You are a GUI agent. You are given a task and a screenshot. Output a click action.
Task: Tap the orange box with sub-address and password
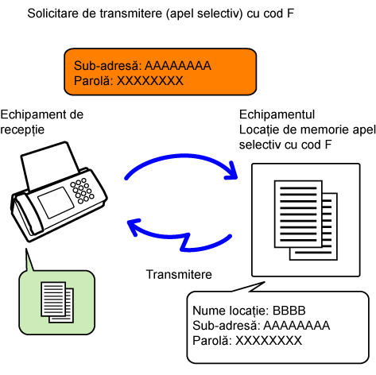point(161,72)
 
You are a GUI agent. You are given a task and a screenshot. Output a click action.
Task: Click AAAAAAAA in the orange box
point(178,66)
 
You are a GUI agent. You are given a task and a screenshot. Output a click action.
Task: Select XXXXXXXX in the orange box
point(150,81)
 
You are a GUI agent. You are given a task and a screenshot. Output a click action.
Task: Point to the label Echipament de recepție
point(42,122)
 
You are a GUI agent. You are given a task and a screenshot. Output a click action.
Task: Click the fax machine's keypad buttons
point(82,191)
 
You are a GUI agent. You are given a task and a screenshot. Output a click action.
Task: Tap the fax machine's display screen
point(56,203)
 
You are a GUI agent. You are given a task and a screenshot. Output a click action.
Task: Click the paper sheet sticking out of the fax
point(49,165)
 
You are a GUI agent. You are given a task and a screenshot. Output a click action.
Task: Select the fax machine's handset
point(25,215)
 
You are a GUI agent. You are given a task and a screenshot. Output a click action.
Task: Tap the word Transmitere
point(179,275)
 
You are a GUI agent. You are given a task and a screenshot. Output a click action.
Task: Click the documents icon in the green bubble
point(57,302)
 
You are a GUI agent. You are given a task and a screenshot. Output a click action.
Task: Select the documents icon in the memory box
point(306,220)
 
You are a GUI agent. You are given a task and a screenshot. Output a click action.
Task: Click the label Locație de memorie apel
point(308,130)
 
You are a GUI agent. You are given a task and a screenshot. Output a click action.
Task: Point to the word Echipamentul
point(277,114)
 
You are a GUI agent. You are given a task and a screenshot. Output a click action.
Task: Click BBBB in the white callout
point(289,311)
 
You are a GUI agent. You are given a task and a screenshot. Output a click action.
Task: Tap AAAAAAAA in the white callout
point(297,326)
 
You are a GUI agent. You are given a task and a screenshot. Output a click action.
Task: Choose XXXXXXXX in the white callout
point(269,341)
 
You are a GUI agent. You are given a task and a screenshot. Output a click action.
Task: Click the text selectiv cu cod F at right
point(285,145)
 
